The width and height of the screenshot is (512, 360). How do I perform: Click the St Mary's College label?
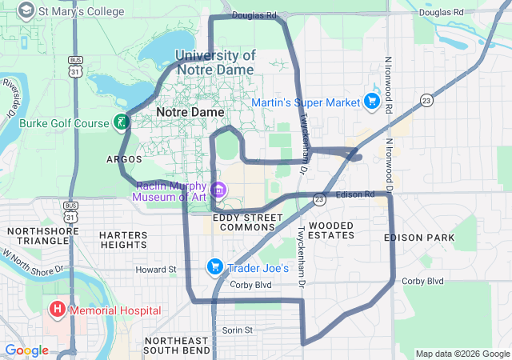[82, 12]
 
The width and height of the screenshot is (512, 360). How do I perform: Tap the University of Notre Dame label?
[214, 62]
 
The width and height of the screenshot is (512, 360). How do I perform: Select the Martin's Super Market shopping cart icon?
[371, 102]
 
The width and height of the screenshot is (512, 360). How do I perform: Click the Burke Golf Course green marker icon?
[121, 122]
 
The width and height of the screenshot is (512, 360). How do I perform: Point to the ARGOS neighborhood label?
[124, 159]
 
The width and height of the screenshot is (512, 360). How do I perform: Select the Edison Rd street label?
[355, 195]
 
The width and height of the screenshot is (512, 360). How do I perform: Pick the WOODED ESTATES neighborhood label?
[330, 230]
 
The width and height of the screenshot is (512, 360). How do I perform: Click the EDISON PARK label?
[418, 238]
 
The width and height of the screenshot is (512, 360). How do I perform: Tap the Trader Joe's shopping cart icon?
[214, 267]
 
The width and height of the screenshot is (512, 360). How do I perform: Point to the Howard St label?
[154, 270]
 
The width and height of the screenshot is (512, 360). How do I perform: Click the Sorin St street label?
[237, 330]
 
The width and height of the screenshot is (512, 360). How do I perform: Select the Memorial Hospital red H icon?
[57, 310]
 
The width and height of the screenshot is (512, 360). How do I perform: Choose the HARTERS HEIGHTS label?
[123, 240]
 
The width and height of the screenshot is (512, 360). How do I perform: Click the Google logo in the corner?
[26, 350]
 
